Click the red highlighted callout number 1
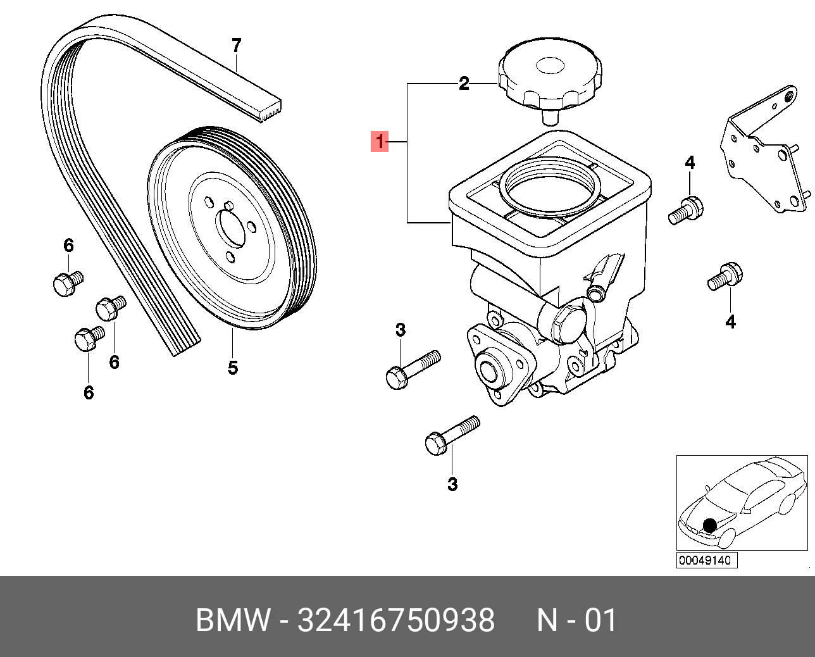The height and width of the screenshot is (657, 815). [x=380, y=142]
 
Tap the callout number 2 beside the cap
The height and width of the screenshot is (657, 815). [x=464, y=84]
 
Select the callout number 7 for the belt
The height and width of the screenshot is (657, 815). [x=236, y=46]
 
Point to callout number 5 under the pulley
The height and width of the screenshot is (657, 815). [x=232, y=367]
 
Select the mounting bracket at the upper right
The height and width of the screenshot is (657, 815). [x=762, y=152]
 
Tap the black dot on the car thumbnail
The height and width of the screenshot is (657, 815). [x=710, y=525]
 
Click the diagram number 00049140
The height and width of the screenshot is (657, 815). [x=706, y=560]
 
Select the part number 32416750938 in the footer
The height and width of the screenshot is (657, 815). [x=396, y=620]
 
